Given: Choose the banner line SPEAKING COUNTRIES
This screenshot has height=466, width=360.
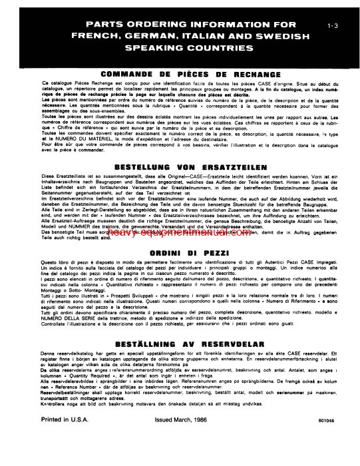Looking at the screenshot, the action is [x=180, y=49].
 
